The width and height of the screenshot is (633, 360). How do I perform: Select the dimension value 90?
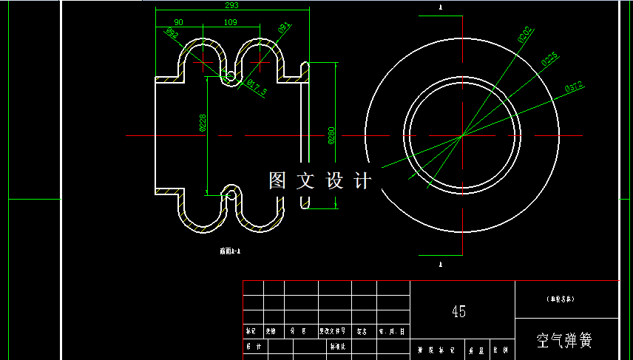(178, 22)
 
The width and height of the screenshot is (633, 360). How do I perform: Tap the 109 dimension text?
(230, 22)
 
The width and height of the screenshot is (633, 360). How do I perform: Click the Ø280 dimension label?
(331, 135)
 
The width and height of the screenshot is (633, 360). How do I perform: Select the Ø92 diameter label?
(171, 33)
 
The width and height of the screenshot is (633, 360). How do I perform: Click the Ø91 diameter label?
(283, 28)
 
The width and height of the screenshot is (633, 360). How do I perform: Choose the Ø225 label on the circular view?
(549, 60)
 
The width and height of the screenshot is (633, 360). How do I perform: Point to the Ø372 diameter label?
(575, 87)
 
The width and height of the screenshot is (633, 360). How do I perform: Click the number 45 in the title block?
(458, 311)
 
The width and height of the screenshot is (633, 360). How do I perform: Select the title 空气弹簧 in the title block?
(565, 341)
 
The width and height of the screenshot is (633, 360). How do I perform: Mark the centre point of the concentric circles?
(462, 135)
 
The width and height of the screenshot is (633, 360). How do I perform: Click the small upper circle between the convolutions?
(231, 75)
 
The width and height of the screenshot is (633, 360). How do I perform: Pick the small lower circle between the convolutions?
(231, 194)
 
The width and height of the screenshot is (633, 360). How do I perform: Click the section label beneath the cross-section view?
(231, 251)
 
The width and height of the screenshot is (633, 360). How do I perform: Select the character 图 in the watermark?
(277, 180)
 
